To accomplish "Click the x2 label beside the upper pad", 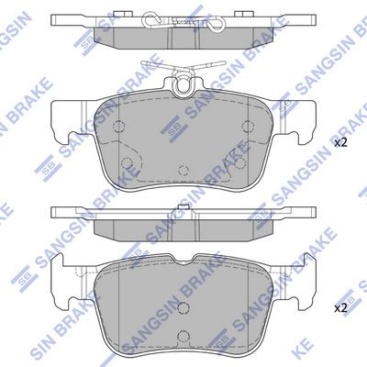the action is pos(340,143).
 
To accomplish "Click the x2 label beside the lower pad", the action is pos(340,308).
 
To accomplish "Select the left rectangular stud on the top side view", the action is pos(119,14).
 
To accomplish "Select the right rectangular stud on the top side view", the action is pos(241,14).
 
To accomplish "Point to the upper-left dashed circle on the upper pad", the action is pos(118,125).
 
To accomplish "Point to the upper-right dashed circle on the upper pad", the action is pos(248,125).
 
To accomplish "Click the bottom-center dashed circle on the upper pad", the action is pos(183,170).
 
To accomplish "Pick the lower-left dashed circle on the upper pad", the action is pos(127,163).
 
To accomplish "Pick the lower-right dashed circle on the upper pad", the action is pos(240,163).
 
